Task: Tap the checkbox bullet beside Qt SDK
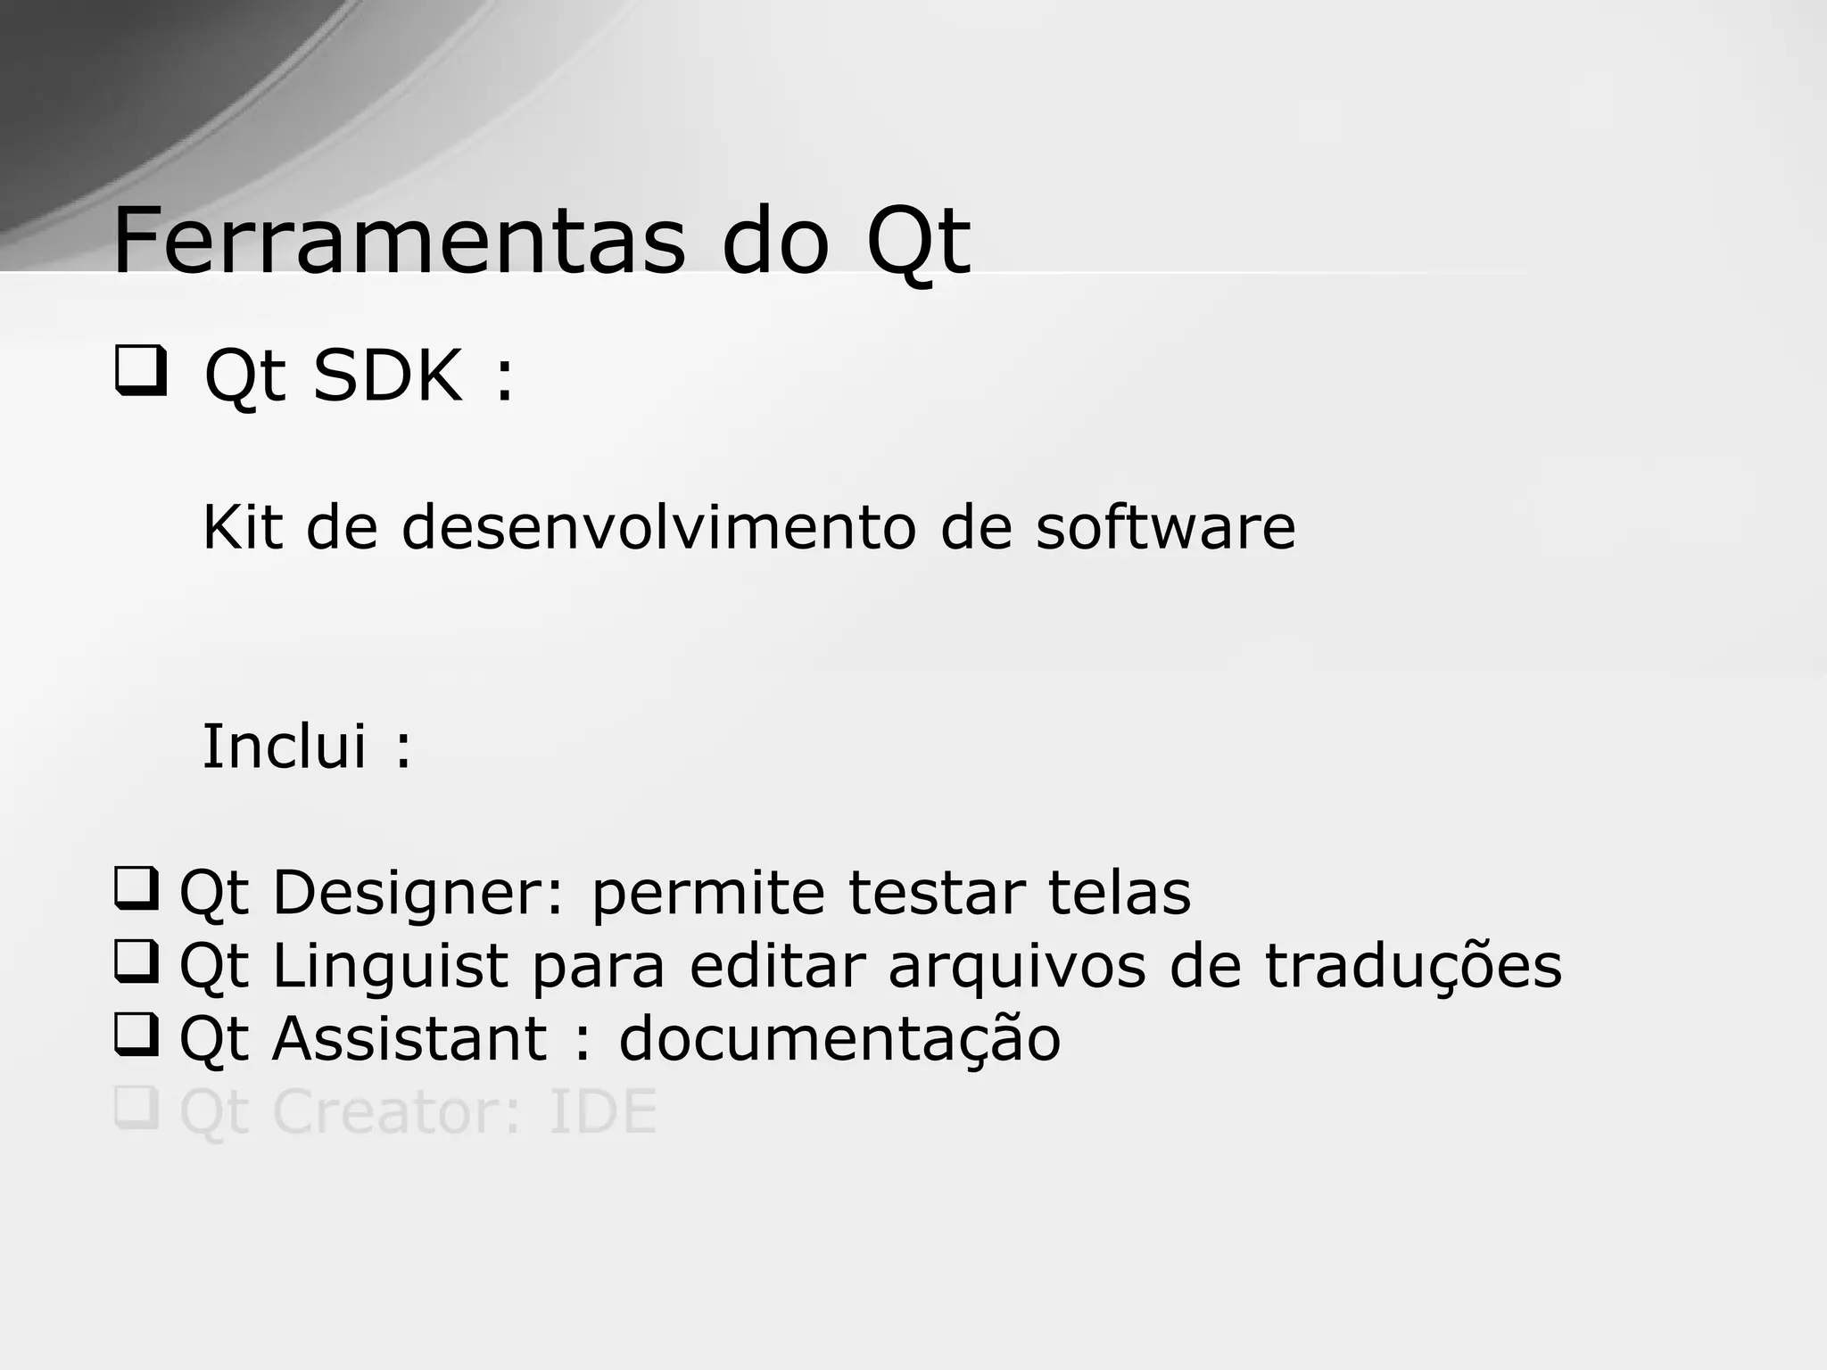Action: tap(140, 372)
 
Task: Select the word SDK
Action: tap(387, 376)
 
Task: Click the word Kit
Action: tap(242, 527)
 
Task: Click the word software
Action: tap(1165, 527)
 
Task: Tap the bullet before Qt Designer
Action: tap(136, 888)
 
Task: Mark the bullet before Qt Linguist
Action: tap(136, 961)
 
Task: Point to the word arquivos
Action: tap(1016, 967)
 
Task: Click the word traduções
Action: tap(1413, 967)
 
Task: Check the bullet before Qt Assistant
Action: tap(136, 1035)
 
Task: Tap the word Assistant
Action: tap(409, 1039)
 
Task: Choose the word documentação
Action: tap(839, 1041)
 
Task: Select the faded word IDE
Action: tap(603, 1112)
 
